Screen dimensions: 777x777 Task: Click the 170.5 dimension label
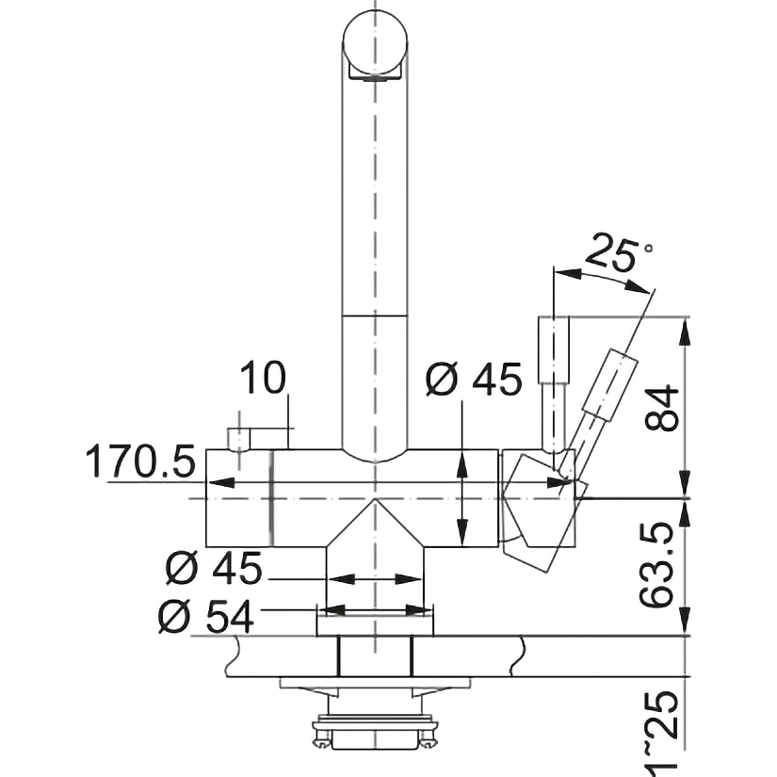pos(140,461)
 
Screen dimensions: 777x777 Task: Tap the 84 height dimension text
pos(661,408)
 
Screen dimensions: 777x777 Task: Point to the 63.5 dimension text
pos(656,564)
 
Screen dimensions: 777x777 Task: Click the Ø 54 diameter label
pos(206,616)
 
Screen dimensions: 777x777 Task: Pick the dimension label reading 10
pos(263,378)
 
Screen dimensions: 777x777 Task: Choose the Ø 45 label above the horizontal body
pos(474,380)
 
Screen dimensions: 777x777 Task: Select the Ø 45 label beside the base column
pos(214,568)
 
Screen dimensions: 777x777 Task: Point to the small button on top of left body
pos(239,439)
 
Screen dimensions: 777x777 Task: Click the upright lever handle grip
pos(554,349)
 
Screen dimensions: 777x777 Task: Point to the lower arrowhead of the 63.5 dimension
pos(686,622)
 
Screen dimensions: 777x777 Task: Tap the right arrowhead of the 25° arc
pos(637,286)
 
